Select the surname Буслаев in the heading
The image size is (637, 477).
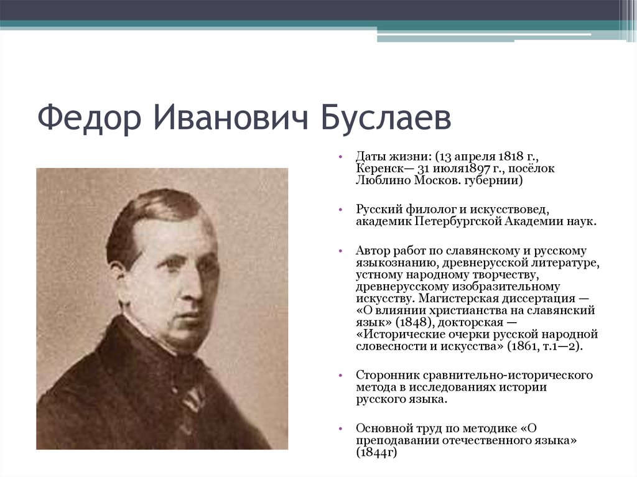(385, 118)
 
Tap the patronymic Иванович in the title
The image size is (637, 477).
(230, 118)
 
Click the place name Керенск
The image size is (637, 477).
(378, 169)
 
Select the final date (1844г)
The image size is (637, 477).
(377, 452)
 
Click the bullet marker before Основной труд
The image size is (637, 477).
(341, 429)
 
